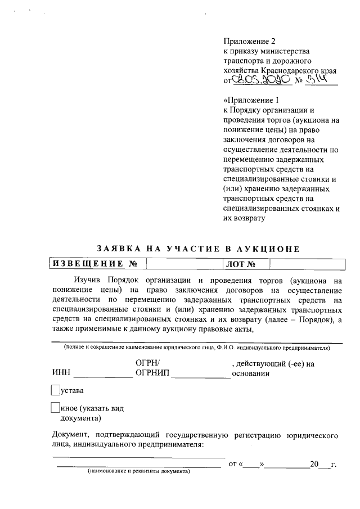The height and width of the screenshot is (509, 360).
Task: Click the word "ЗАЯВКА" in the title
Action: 116,248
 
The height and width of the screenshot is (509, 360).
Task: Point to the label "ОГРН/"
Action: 148,363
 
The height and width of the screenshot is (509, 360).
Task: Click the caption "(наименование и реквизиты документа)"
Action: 139,472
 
